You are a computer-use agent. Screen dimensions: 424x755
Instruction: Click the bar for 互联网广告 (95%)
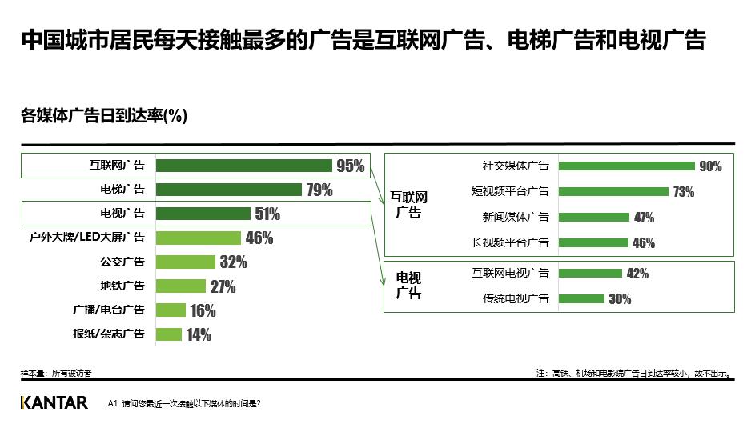pos(243,166)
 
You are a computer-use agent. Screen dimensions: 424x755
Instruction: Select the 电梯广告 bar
pos(228,190)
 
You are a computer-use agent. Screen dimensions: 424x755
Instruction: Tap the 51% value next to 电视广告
pos(267,214)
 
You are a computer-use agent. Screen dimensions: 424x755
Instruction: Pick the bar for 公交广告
pos(186,262)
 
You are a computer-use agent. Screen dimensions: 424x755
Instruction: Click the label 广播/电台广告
pos(110,310)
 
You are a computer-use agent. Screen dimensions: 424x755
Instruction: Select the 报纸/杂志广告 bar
pos(169,334)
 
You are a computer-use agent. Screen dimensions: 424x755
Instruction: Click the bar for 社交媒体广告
pos(626,166)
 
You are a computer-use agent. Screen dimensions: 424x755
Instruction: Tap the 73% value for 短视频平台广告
pos(683,192)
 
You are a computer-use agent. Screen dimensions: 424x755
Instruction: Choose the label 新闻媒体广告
pos(516,217)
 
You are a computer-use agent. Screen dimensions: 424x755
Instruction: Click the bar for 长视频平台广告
pos(593,242)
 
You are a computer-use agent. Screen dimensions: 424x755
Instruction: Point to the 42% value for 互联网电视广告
pos(637,274)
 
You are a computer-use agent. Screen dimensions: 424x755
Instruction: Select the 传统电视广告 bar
pos(581,298)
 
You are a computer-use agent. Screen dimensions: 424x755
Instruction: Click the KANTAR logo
pos(54,402)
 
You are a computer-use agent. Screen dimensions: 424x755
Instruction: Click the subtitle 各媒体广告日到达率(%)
pos(104,116)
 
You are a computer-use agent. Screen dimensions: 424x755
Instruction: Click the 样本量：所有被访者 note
pos(56,373)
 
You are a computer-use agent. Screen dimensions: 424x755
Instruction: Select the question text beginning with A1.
pos(183,404)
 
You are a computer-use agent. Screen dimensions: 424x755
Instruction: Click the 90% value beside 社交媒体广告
pos(710,166)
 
